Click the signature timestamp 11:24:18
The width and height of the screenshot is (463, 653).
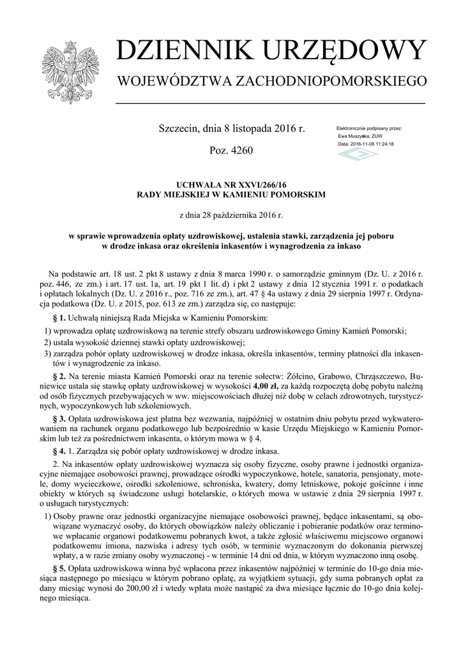382,144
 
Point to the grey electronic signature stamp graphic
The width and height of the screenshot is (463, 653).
357,155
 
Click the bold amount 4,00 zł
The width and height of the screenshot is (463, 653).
265,386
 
